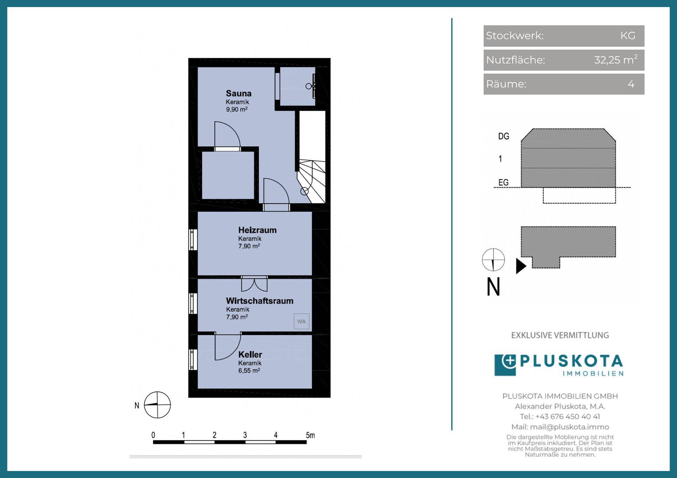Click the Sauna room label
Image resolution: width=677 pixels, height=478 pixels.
pos(239,93)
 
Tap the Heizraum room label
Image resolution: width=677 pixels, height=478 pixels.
pos(257,230)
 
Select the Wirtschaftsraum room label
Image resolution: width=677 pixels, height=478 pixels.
pos(260,301)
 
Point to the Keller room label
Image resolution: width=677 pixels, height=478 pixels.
pos(250,354)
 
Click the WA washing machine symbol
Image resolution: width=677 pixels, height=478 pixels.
pos(301,321)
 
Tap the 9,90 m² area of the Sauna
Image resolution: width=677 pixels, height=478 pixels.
pos(237,109)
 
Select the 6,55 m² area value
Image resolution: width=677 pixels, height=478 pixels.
pos(249,370)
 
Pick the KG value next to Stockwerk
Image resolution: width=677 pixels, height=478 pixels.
pos(628,36)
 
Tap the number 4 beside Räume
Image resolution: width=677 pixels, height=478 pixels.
pos(631,84)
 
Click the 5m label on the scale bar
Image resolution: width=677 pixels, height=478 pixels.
pos(310,435)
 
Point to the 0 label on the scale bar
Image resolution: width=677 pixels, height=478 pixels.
pos(153,435)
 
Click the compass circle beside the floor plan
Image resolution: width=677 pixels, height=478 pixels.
pos(157,405)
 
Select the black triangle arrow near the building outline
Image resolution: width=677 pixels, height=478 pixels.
pos(521,266)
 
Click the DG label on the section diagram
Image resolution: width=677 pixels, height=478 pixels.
pos(504,136)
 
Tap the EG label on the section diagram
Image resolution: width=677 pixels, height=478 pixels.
pos(503,182)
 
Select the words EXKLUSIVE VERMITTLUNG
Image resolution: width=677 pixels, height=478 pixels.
pos(560,335)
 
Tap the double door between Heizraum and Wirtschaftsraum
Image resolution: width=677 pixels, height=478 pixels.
pos(254,284)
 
